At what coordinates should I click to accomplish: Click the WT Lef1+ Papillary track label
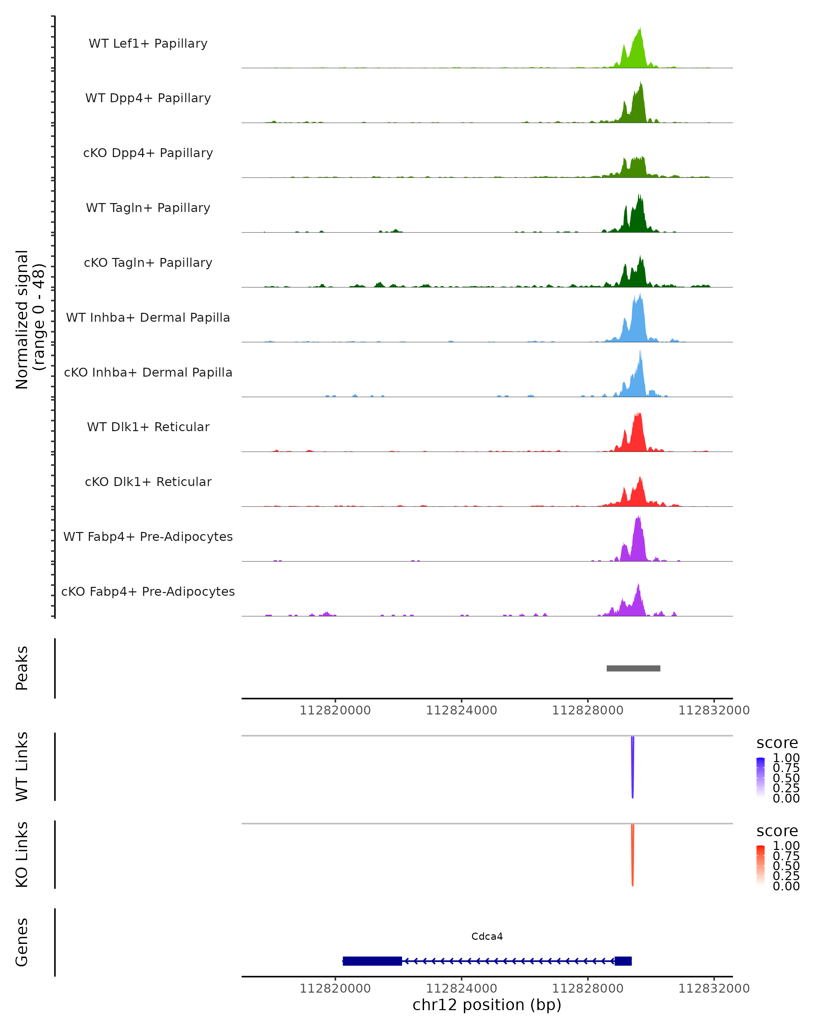[x=148, y=44]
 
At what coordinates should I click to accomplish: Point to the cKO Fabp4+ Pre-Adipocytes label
[x=148, y=591]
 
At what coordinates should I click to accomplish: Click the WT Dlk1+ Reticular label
[x=148, y=427]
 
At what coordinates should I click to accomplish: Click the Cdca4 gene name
[x=487, y=936]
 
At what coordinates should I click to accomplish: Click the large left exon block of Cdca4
[x=372, y=961]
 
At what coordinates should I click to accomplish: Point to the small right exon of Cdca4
[x=623, y=961]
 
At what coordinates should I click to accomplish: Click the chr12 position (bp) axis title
[x=487, y=1005]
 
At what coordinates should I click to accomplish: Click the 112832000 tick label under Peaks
[x=714, y=710]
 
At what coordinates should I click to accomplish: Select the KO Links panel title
[x=22, y=854]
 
